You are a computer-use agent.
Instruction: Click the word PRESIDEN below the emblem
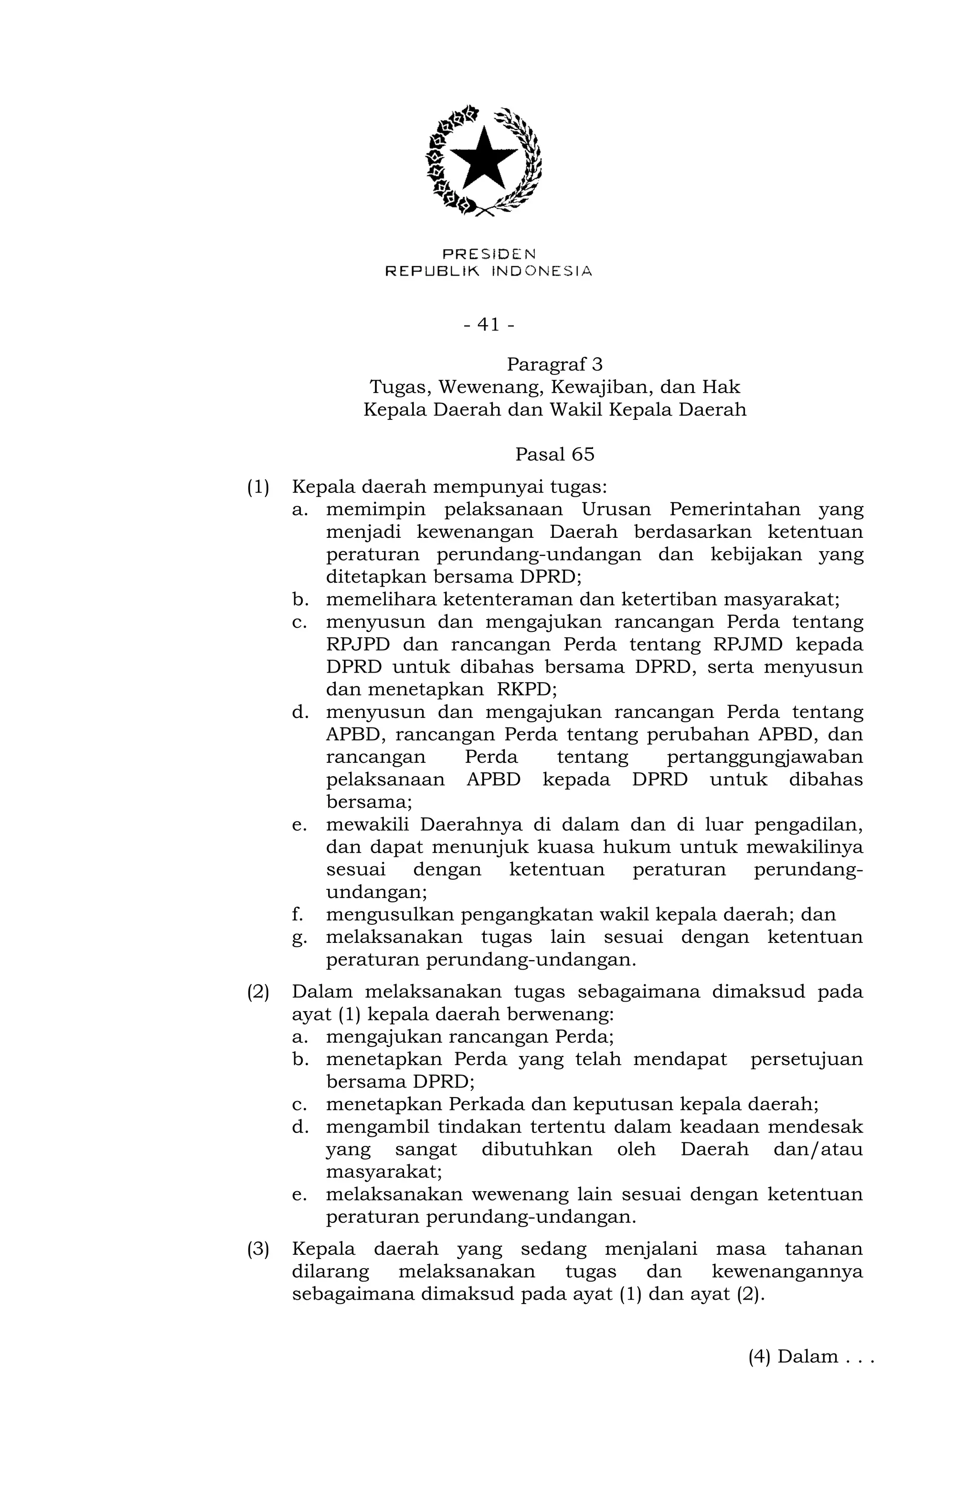click(489, 254)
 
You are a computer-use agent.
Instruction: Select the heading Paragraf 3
click(554, 364)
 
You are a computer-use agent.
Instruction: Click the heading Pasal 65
click(554, 454)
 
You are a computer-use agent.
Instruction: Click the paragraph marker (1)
click(258, 487)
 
